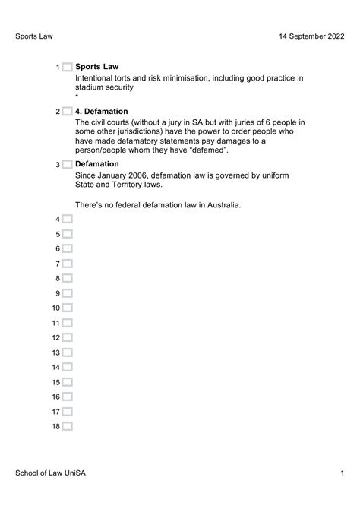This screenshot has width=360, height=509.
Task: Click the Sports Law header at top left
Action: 34,36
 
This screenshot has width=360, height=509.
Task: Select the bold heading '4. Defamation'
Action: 102,112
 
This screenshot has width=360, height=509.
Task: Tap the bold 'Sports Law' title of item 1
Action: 97,67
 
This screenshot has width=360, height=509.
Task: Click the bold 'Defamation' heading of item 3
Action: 97,164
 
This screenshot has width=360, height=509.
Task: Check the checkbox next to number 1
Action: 68,68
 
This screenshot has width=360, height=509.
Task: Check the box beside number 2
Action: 68,112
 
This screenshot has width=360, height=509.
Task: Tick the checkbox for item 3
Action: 68,164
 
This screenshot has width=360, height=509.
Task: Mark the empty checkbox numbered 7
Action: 68,264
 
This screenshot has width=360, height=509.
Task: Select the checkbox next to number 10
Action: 68,308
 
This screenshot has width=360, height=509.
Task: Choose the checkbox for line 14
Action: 68,368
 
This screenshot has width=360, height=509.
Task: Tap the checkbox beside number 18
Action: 68,427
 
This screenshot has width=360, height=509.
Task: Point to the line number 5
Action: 57,235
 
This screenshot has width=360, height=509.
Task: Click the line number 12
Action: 55,338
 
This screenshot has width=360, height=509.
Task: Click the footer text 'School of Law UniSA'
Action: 51,473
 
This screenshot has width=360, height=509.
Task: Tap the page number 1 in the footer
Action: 343,473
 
